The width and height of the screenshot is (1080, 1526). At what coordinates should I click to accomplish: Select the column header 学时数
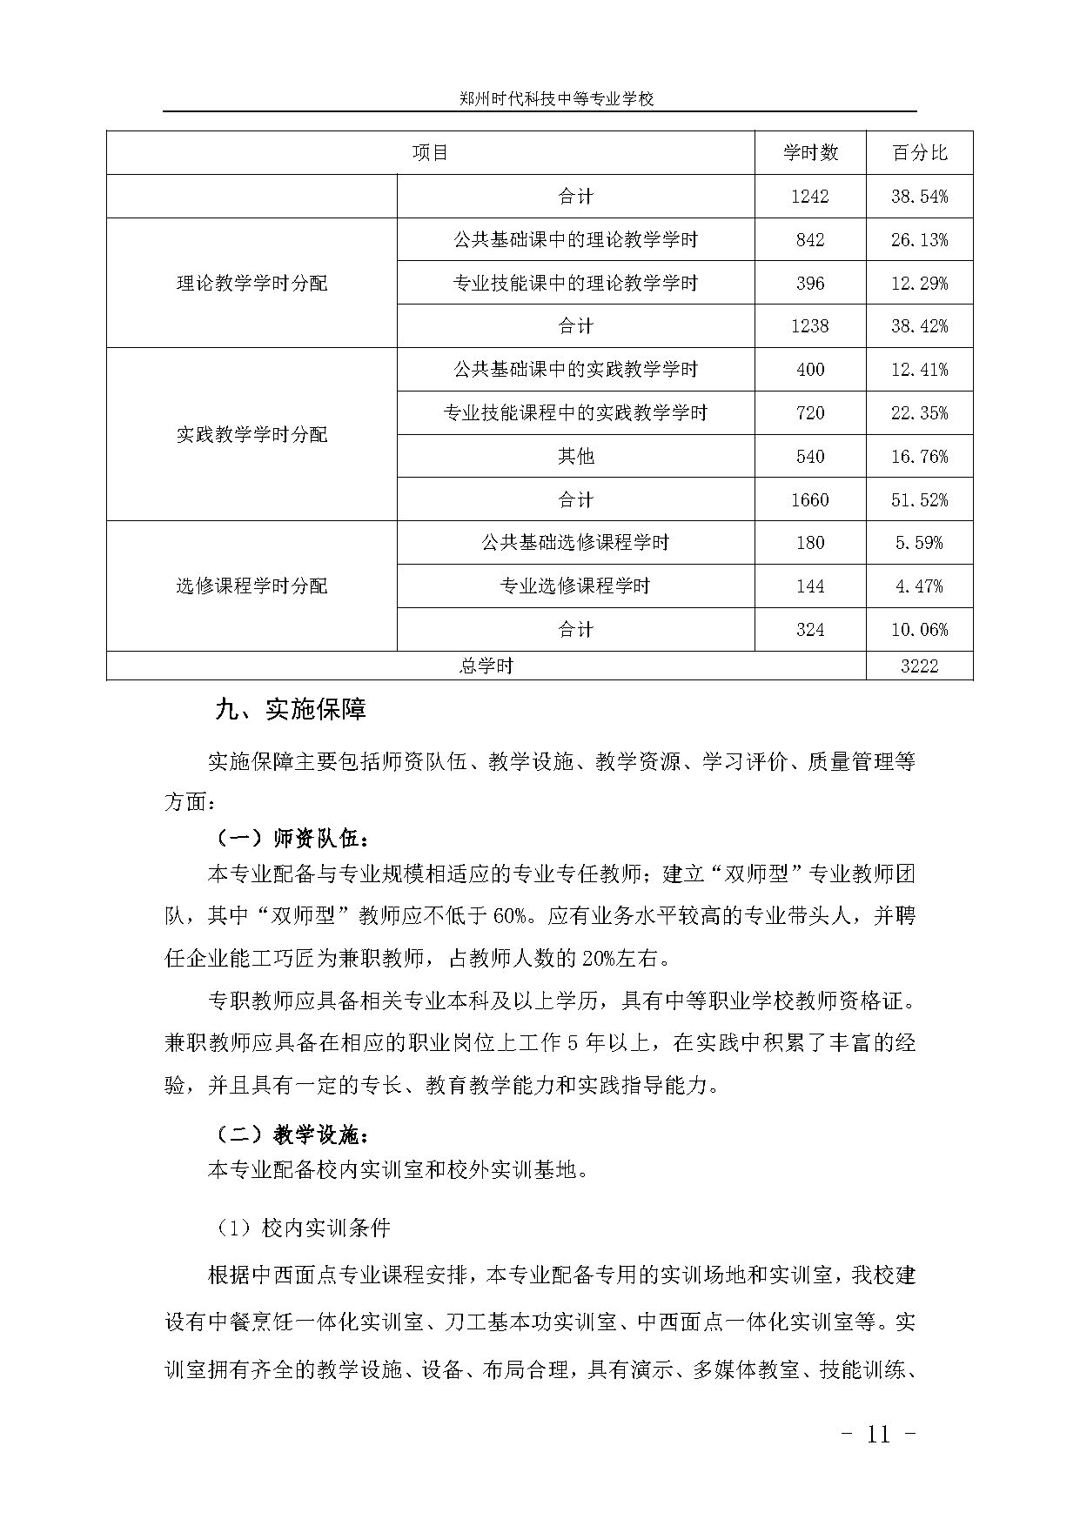coord(810,153)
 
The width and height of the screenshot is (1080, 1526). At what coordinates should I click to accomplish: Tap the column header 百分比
coord(919,153)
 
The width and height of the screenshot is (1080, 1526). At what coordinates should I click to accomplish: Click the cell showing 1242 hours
coord(810,197)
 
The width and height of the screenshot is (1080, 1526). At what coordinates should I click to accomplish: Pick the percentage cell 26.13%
coord(919,240)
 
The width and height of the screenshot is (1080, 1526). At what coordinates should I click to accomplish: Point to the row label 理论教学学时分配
coord(252,284)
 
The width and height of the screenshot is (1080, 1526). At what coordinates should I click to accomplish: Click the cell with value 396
coord(810,284)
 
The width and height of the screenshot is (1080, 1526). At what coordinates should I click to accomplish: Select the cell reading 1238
coord(810,326)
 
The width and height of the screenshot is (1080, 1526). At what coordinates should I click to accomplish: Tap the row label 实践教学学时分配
coord(252,434)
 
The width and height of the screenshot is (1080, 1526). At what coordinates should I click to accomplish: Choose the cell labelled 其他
coord(575,456)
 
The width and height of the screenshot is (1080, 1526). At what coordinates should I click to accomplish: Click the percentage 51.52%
coord(919,499)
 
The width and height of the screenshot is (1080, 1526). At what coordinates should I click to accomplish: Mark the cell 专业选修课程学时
coord(575,586)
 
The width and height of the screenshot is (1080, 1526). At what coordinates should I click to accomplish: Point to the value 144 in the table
coord(810,586)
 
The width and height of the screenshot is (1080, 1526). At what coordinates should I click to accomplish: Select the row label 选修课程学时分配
coord(252,586)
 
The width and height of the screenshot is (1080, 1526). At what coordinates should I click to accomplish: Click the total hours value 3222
coord(919,666)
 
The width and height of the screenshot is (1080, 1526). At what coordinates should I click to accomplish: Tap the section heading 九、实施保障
coord(291,709)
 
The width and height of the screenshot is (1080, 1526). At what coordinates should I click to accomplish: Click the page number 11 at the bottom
coord(879,1435)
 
